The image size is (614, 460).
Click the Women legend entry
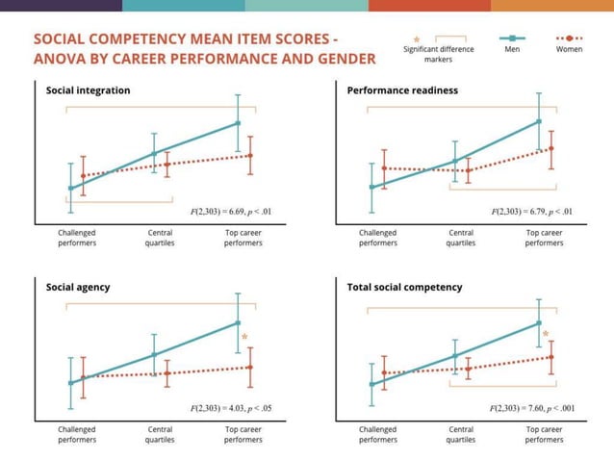pos(570,48)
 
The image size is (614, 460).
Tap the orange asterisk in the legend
pos(416,39)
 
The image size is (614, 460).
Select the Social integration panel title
pos(89,90)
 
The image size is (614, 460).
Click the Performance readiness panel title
pos(402,90)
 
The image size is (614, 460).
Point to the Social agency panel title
pos(78,287)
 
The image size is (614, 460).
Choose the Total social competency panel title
pos(405,287)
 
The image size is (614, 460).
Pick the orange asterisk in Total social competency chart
pos(546,335)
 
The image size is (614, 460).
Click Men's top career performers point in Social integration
pos(238,123)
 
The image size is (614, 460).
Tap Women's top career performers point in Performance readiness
pos(551,149)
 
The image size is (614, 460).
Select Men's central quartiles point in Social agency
pos(154,355)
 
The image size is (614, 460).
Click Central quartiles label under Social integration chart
pos(160,238)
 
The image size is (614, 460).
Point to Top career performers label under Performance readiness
pos(544,238)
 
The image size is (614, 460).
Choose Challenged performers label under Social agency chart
pos(77,434)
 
